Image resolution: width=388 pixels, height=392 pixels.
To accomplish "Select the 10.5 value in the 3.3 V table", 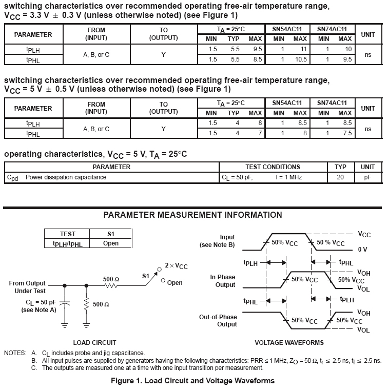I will tap(301, 59).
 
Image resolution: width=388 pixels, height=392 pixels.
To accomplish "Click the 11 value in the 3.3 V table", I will tap(303, 49).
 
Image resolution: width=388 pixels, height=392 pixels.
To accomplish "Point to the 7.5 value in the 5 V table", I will tap(347, 133).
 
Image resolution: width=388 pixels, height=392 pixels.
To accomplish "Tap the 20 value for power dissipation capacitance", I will tap(340, 177).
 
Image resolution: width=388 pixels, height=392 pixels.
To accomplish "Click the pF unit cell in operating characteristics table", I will tap(367, 177).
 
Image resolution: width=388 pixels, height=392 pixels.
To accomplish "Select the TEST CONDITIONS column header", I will tap(273, 167).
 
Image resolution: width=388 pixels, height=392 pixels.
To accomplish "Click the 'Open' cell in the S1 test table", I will tap(110, 243).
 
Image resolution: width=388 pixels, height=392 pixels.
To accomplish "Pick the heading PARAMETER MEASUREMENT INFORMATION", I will tap(192, 215).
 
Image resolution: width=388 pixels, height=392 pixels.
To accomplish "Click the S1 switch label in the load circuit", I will tap(146, 276).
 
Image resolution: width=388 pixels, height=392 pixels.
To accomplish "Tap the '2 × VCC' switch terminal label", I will tap(176, 266).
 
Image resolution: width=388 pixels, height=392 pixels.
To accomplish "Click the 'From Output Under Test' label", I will tap(27, 287).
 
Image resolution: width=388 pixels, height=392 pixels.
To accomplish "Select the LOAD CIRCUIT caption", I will tap(95, 342).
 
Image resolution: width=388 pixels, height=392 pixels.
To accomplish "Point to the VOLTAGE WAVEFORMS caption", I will tap(289, 342).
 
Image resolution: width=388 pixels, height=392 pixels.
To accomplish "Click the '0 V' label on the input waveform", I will tap(362, 249).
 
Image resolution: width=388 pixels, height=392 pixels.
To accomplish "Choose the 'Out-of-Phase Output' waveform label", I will tap(218, 321).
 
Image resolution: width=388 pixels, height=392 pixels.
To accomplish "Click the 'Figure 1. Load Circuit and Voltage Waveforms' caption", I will tap(192, 381).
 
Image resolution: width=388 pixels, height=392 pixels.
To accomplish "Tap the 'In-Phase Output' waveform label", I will tap(222, 281).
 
